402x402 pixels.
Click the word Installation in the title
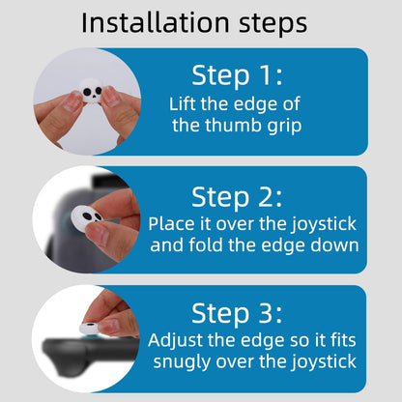tap(156, 22)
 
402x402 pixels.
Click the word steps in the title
tap(273, 24)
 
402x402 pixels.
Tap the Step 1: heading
tap(237, 75)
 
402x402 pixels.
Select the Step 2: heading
tap(237, 197)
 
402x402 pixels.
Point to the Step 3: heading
tap(237, 313)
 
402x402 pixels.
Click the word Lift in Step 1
tap(183, 103)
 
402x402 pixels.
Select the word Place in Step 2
tap(171, 223)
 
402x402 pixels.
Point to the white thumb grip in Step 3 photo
tap(90, 328)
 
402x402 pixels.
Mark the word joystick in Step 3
tap(324, 362)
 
